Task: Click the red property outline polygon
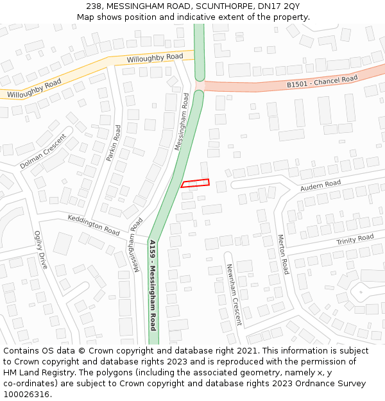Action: tap(195, 183)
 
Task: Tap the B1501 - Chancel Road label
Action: tap(321, 82)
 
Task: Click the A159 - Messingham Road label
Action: tap(153, 285)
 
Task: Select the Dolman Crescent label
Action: tap(43, 151)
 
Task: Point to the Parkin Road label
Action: tap(114, 143)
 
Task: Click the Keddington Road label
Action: tap(94, 225)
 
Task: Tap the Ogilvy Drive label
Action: tap(41, 250)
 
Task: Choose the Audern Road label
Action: tap(320, 185)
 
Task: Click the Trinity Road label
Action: tap(355, 239)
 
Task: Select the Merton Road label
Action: tap(282, 254)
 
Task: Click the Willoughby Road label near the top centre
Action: tap(155, 58)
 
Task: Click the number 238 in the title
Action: tap(94, 6)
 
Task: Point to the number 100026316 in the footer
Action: tap(27, 394)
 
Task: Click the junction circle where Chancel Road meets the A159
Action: tap(199, 85)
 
